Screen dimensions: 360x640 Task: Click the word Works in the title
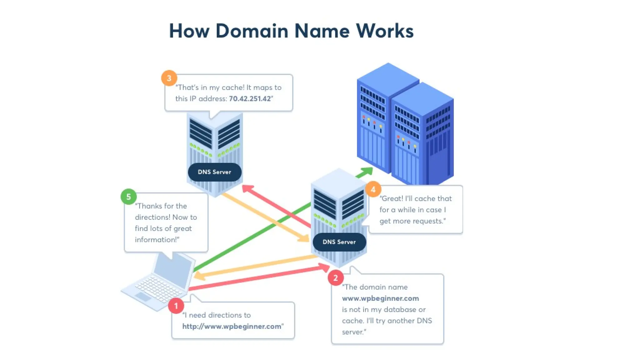pyautogui.click(x=385, y=31)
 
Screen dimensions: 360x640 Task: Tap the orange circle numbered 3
pyautogui.click(x=169, y=78)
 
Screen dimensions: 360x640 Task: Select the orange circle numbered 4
pyautogui.click(x=373, y=189)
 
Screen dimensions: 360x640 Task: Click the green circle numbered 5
pyautogui.click(x=128, y=197)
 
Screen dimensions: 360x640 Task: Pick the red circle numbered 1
pyautogui.click(x=176, y=306)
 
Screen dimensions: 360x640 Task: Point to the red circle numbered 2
pyautogui.click(x=336, y=277)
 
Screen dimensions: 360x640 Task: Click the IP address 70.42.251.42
pyautogui.click(x=250, y=99)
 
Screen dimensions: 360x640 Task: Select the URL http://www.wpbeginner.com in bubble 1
pyautogui.click(x=232, y=326)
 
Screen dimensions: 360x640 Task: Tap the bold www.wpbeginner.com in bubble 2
pyautogui.click(x=380, y=298)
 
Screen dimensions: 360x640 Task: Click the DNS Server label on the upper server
pyautogui.click(x=214, y=172)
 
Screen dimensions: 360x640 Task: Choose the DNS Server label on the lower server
pyautogui.click(x=339, y=242)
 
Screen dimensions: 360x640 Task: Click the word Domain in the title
pyautogui.click(x=252, y=31)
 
